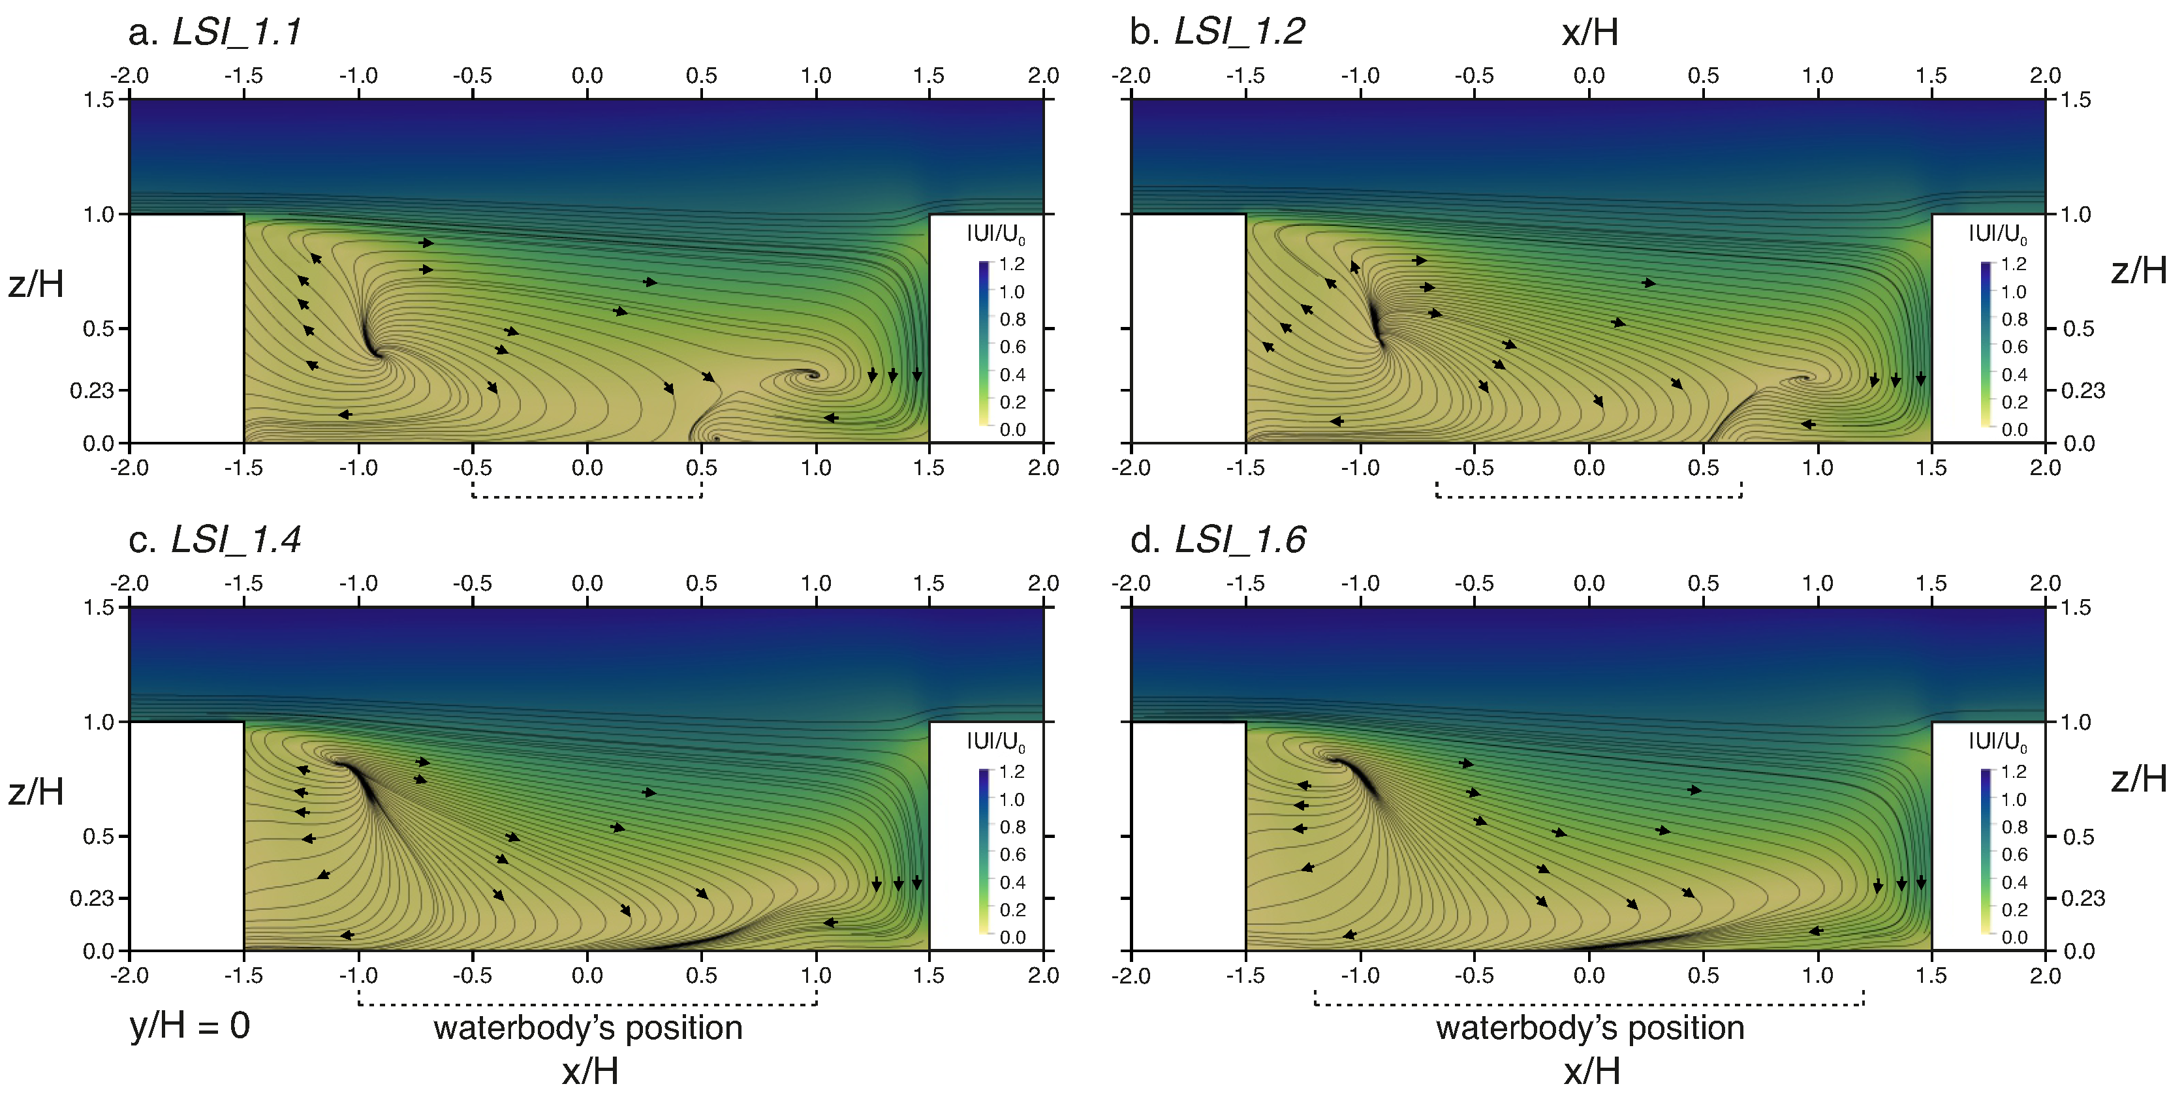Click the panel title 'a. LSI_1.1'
215,32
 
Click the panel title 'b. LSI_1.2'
1217,32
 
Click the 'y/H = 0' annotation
189,1026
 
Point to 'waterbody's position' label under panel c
587,1028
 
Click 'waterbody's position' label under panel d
1589,1028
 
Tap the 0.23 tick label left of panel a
91,391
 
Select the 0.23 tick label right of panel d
2082,899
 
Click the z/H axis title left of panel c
36,792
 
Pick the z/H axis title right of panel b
2138,271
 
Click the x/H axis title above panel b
1589,32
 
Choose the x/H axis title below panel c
589,1072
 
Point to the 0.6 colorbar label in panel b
2014,347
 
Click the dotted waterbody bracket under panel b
1588,495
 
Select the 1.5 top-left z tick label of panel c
99,607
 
